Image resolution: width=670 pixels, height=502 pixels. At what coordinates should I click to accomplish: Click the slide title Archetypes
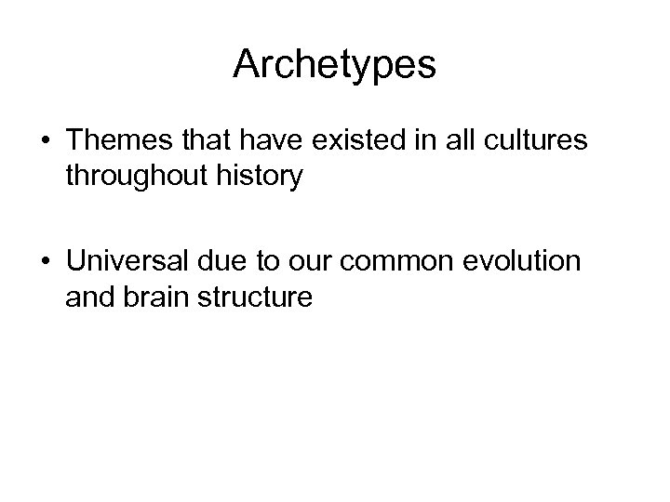pyautogui.click(x=334, y=64)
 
